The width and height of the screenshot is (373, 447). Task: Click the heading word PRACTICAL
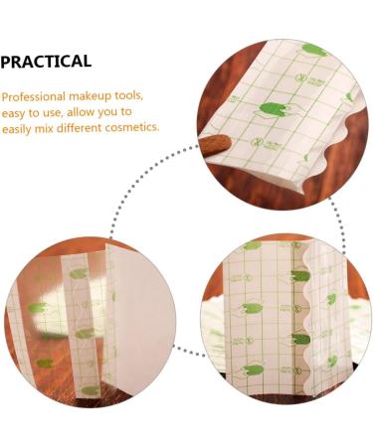(x=46, y=62)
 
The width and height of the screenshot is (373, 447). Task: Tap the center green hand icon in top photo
(x=274, y=110)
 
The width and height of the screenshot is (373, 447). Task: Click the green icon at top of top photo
(x=314, y=50)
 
